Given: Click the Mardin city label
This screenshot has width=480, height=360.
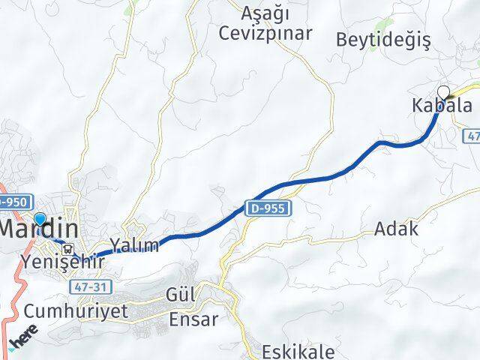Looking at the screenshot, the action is (39, 228).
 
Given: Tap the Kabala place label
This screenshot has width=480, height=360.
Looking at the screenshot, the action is (442, 106).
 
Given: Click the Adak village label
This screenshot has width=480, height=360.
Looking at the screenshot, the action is (397, 229).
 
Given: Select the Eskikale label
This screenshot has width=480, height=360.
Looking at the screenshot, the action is (298, 351).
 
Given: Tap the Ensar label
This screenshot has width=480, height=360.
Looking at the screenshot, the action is (193, 319).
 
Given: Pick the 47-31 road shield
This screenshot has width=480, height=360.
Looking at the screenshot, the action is (87, 286).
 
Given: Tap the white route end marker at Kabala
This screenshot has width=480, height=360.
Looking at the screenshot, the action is (443, 92).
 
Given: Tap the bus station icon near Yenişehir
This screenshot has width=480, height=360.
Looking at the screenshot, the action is (68, 249).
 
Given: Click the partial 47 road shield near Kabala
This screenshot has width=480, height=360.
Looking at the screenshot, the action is (472, 137).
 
